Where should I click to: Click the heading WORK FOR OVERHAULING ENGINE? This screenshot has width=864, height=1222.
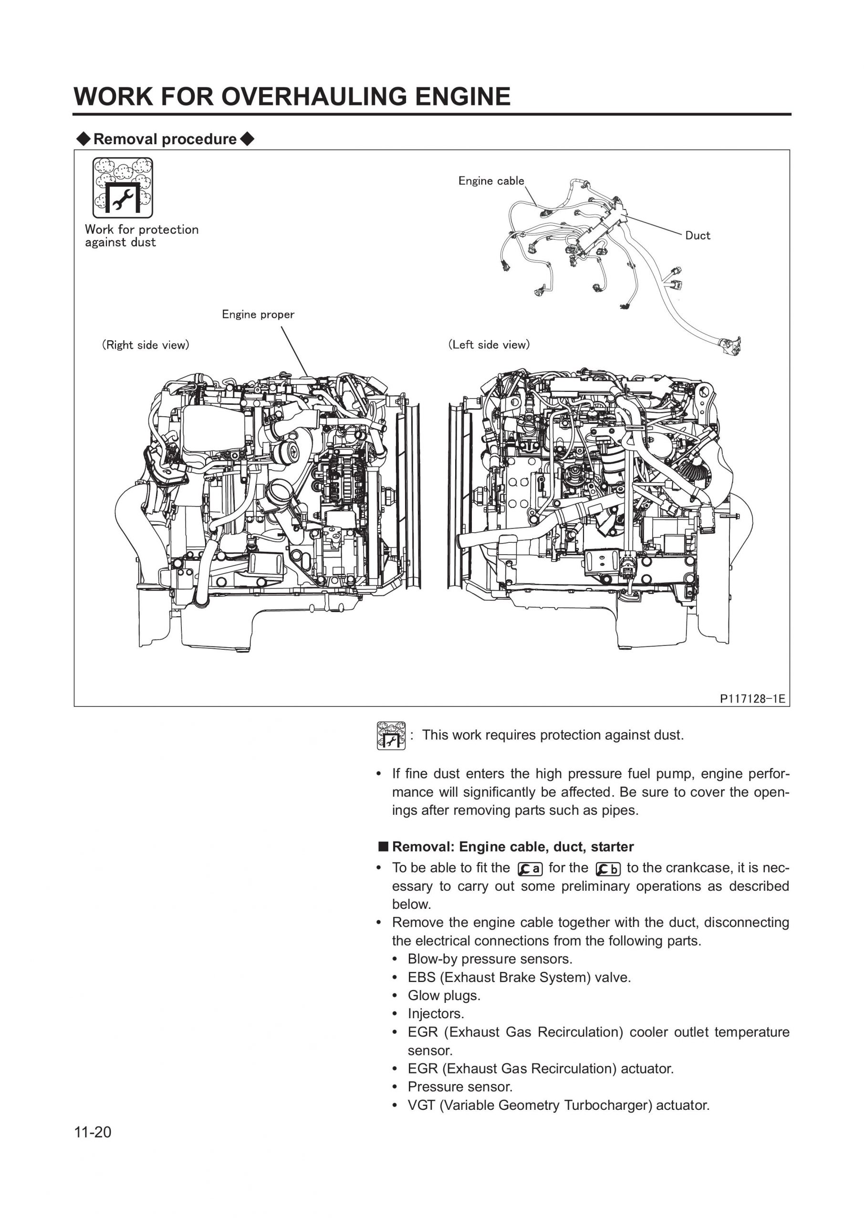[291, 97]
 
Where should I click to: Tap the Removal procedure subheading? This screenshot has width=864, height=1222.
[165, 139]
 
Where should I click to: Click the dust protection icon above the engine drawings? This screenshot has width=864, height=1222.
[122, 187]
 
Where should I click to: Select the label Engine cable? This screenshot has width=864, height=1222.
[491, 181]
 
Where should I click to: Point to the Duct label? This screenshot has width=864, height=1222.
[697, 235]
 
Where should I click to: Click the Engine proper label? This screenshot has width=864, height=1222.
[258, 315]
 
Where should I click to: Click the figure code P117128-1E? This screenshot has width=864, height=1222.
[752, 699]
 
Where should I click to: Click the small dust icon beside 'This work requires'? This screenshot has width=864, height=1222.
[391, 736]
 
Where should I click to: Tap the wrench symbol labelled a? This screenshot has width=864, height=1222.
[530, 869]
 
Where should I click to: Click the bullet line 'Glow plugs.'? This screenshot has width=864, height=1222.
[444, 995]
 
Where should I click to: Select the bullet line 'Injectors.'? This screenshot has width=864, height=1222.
[436, 1013]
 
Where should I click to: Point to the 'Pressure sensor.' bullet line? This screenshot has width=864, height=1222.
[459, 1087]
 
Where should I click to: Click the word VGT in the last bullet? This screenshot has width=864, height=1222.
[421, 1106]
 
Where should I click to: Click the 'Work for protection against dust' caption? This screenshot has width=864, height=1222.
[142, 236]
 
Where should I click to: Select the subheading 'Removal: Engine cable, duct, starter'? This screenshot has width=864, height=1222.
[512, 847]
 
